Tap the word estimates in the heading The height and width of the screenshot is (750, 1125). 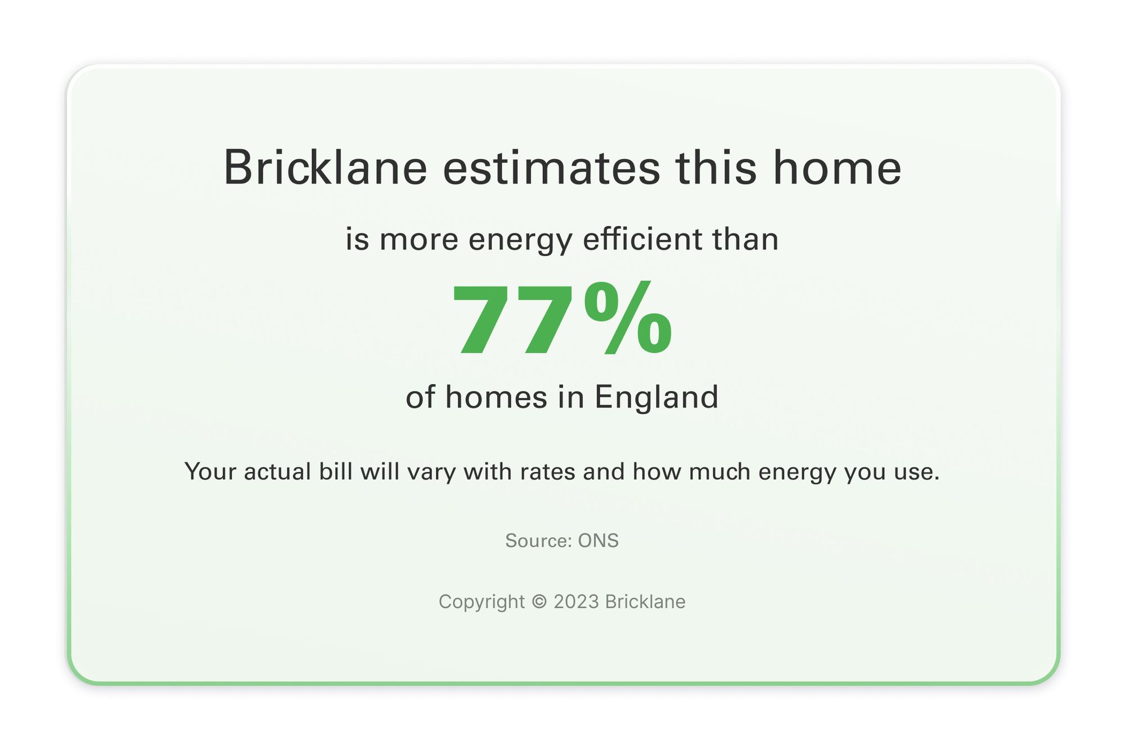coord(551,168)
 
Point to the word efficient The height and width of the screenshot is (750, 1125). coord(642,239)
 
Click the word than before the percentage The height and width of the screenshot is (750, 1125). coord(745,239)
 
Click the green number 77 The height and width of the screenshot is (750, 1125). coord(515,320)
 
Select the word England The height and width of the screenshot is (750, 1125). coord(656,398)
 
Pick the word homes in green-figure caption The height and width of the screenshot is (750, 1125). coord(496,397)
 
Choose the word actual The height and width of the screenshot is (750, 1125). coord(277,471)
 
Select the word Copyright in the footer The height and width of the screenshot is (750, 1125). coord(481,602)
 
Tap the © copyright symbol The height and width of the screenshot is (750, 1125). coord(539,601)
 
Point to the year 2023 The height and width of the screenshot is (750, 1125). coord(576,601)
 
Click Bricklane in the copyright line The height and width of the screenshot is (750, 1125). coord(645,601)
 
